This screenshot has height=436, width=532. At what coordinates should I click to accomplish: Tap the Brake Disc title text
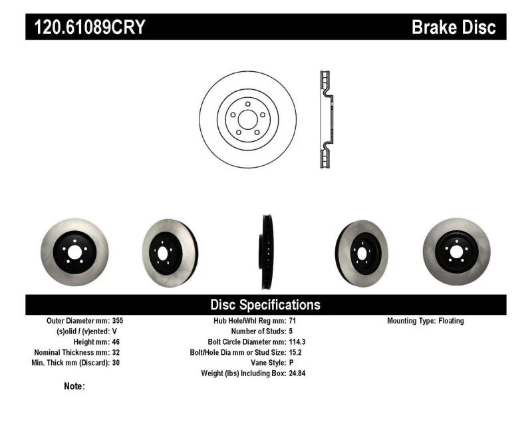454,27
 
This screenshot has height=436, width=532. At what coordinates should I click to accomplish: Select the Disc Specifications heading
265,305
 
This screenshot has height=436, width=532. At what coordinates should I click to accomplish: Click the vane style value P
291,363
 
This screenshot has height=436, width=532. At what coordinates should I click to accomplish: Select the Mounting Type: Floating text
426,321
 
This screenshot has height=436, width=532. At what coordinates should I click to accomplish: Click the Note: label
74,386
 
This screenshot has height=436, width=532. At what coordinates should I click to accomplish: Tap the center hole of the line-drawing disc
247,120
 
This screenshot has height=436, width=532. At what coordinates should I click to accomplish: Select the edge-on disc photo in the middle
267,252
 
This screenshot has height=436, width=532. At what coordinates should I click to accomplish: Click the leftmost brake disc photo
74,252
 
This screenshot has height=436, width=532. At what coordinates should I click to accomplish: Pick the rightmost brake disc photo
456,251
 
